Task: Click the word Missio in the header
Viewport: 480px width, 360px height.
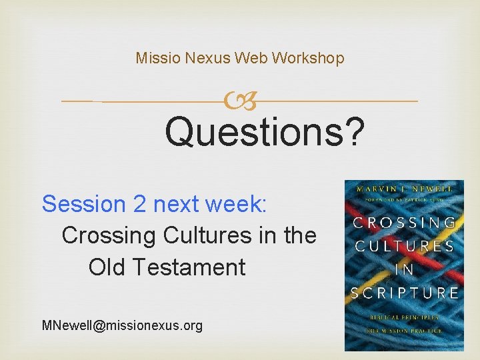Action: tap(155, 58)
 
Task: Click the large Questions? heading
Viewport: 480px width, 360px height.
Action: tap(265, 131)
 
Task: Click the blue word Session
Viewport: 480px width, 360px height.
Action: tap(84, 203)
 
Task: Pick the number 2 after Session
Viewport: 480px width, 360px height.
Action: tap(140, 203)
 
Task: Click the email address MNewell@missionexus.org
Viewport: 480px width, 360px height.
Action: tap(122, 325)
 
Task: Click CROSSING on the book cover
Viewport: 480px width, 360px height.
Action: tap(404, 223)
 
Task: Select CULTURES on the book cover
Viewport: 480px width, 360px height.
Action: tap(404, 246)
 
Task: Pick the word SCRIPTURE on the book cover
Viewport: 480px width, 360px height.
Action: tap(404, 293)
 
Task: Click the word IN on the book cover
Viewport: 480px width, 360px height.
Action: tap(404, 269)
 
